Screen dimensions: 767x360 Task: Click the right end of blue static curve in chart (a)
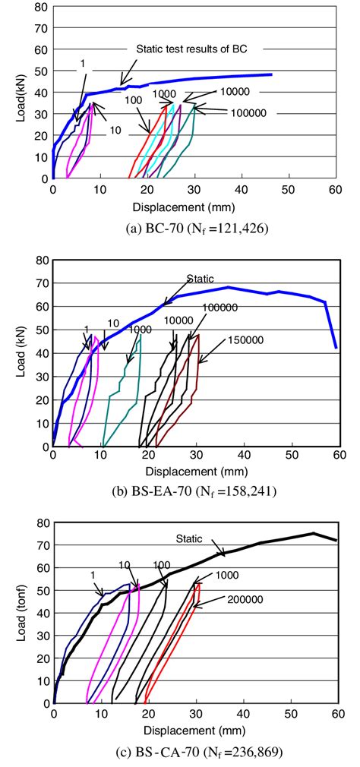(x=271, y=74)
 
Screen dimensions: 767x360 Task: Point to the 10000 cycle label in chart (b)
(x=179, y=320)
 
